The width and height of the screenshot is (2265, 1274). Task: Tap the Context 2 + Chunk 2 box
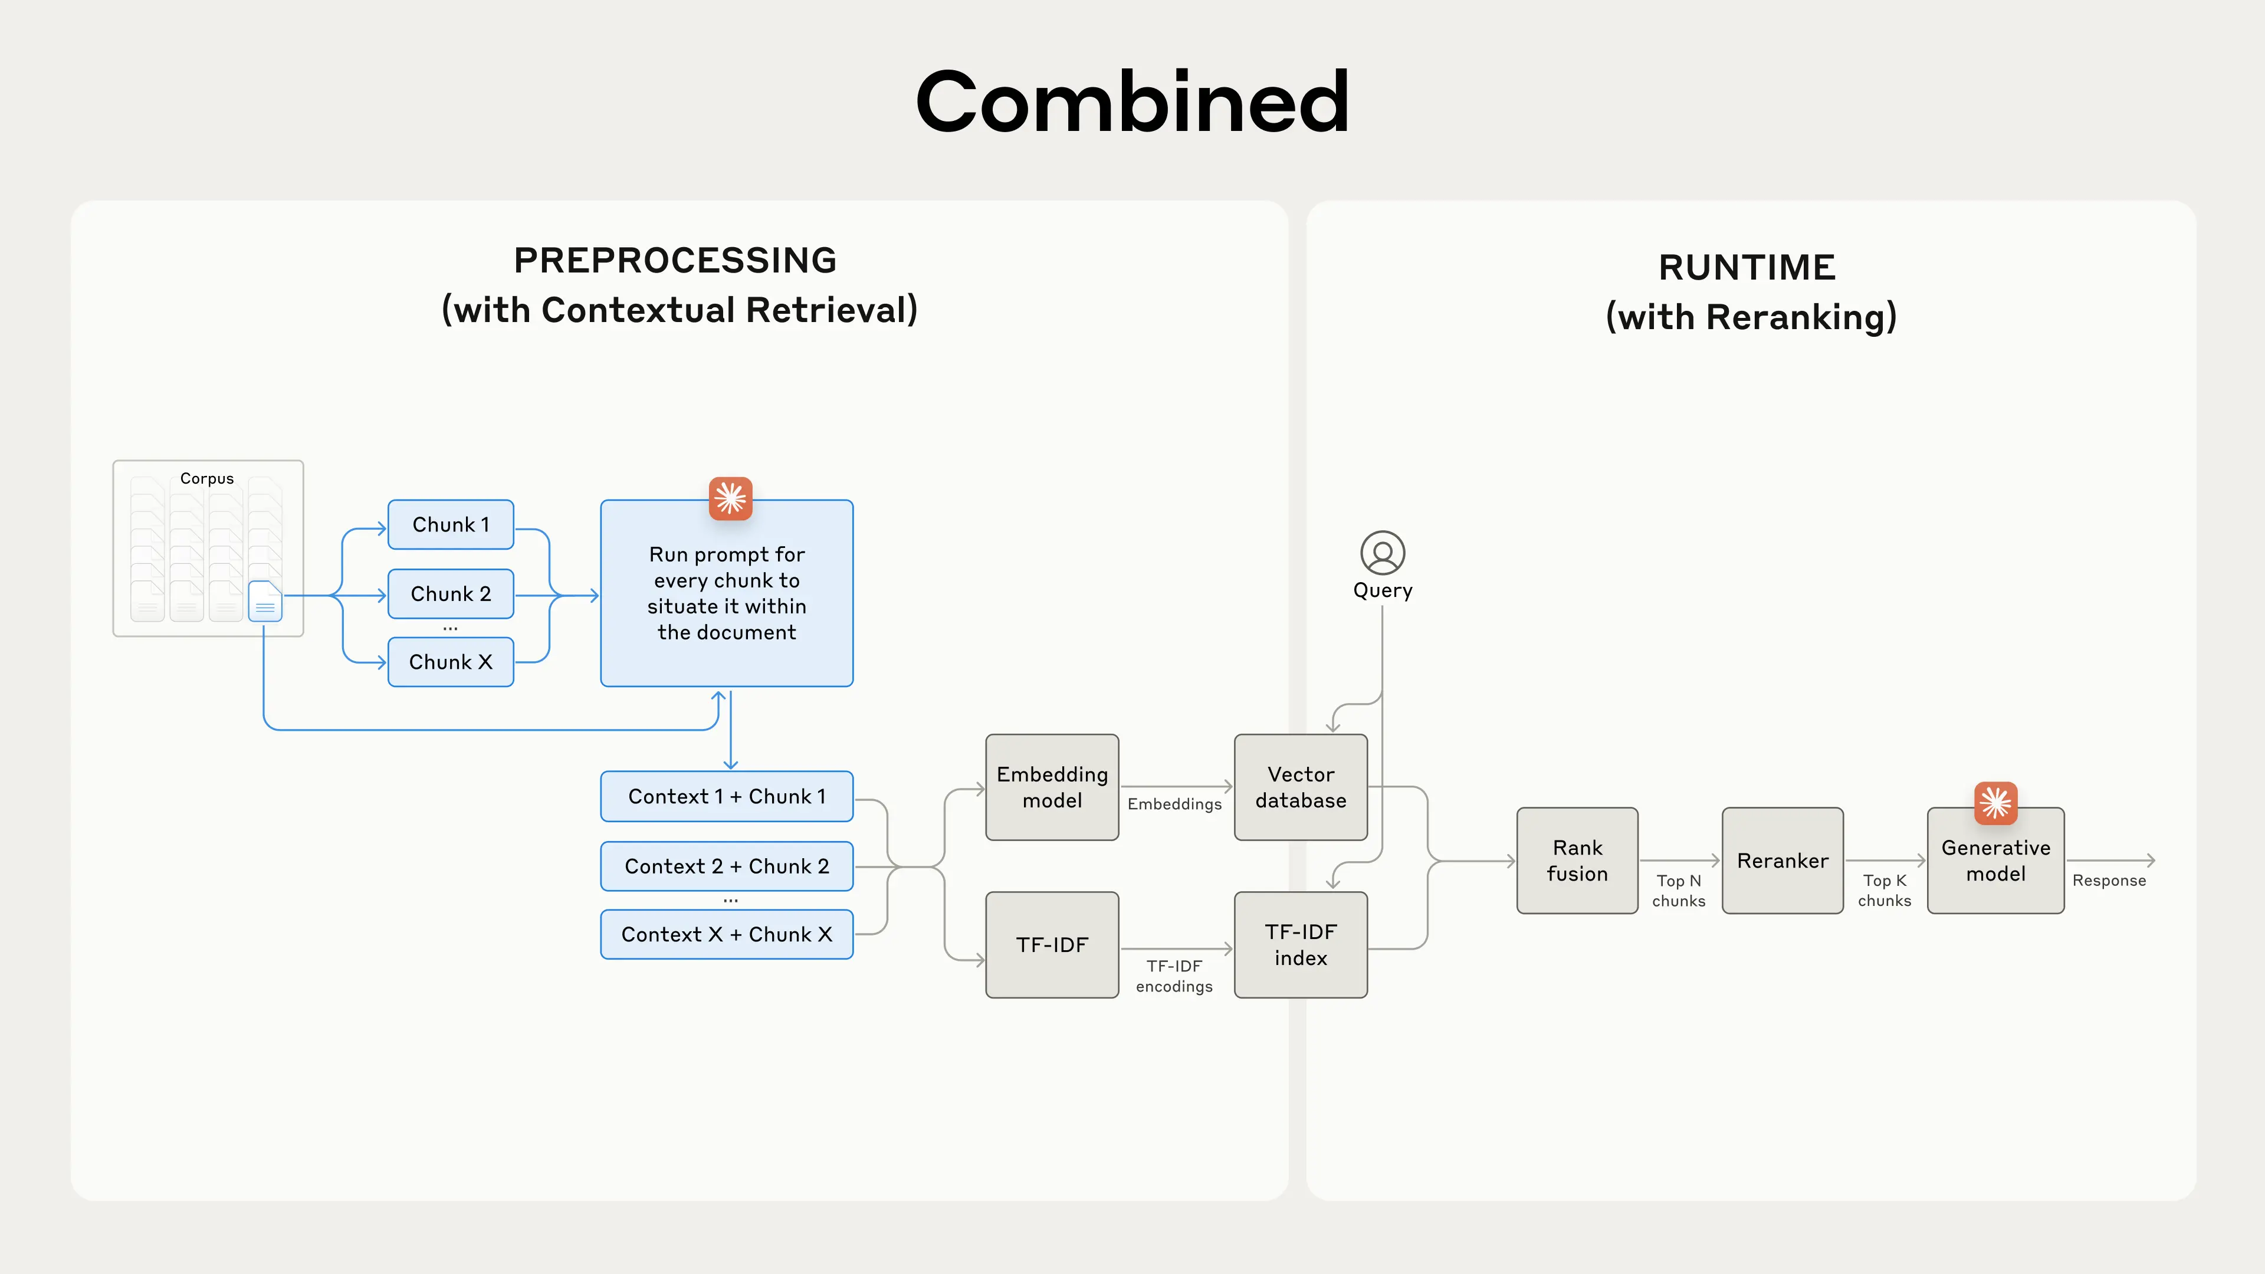coord(726,866)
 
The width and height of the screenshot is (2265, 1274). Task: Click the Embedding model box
coord(1052,787)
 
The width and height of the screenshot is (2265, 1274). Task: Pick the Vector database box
coord(1301,787)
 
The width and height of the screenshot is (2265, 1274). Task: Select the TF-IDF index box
coord(1301,944)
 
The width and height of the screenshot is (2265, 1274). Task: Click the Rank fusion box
coord(1577,861)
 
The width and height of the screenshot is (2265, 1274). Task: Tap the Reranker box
coord(1783,861)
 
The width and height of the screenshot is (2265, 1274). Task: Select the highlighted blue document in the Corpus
coord(265,602)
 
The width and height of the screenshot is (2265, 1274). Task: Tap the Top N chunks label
coord(1679,891)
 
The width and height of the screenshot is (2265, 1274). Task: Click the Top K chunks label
coord(1885,891)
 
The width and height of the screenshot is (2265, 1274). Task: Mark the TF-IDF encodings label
coord(1174,976)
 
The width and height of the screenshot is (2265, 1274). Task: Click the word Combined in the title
coord(1132,102)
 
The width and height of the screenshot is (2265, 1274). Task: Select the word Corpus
coord(206,478)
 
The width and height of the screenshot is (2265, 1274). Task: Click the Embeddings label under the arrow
coord(1174,803)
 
